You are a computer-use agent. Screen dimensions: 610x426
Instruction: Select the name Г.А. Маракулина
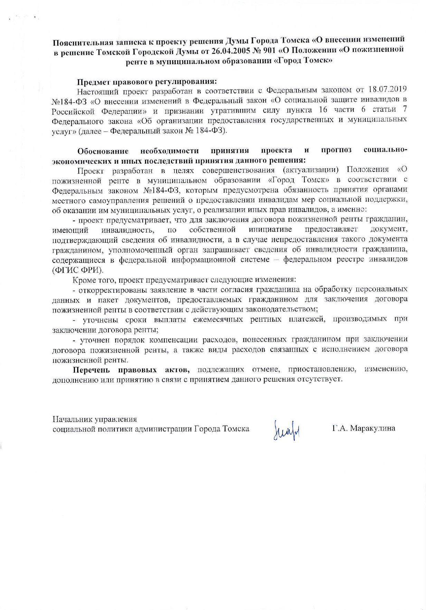[363, 428]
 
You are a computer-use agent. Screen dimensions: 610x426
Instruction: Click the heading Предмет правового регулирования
[146, 82]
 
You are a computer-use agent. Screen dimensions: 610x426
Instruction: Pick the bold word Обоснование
[103, 151]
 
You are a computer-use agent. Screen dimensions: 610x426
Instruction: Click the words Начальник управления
[94, 419]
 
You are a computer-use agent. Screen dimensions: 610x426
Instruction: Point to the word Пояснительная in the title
[80, 43]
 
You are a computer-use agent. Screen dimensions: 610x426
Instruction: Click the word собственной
[212, 230]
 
